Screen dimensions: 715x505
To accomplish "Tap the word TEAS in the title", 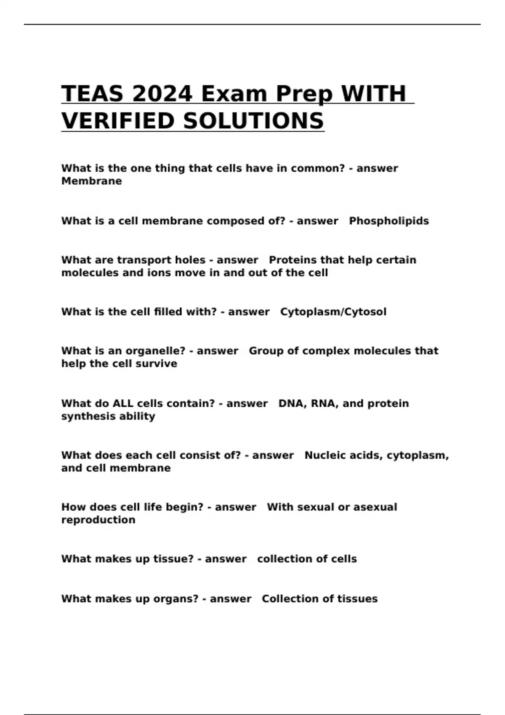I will (92, 93).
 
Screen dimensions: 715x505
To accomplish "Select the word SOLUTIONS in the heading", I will (253, 121).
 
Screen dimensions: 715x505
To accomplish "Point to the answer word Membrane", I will (91, 181).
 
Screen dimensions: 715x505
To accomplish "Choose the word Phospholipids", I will (389, 221).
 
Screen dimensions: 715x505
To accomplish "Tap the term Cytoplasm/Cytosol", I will (333, 312).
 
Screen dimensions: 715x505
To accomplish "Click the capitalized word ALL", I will (122, 404).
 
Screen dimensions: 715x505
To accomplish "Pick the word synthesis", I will (88, 416).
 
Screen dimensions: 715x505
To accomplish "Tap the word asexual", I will (375, 507).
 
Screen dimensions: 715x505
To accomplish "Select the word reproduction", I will (98, 520).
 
